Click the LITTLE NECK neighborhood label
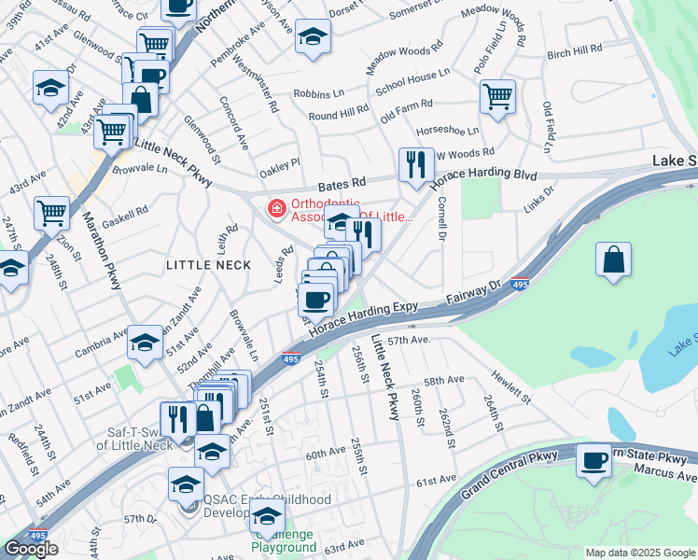208,265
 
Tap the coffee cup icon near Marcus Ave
593,461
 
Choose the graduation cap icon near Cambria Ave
146,343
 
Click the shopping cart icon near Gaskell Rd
51,212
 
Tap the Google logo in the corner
31,549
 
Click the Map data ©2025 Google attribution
640,553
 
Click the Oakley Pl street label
280,161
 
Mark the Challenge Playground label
283,540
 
